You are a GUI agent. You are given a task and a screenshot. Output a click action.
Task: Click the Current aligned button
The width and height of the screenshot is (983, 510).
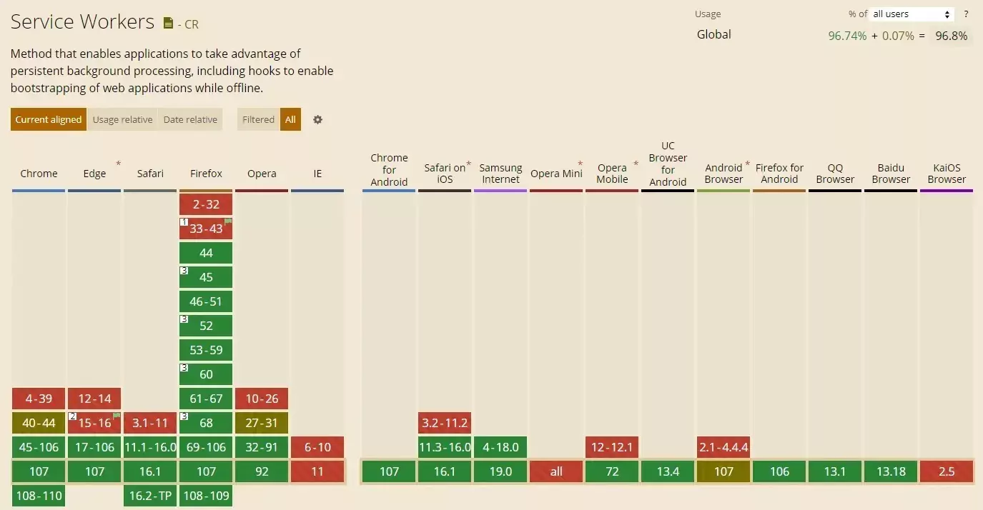click(x=49, y=119)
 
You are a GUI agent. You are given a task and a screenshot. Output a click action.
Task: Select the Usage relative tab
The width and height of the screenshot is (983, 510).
click(x=122, y=119)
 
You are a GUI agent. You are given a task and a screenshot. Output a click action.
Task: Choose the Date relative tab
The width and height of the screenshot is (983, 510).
click(x=190, y=119)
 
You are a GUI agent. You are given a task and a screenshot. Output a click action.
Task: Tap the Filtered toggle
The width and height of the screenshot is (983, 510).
click(x=258, y=119)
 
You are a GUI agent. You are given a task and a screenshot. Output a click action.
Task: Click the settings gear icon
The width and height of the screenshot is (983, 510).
click(x=318, y=119)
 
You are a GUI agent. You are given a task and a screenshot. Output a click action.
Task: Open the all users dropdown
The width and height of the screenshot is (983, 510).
click(x=913, y=14)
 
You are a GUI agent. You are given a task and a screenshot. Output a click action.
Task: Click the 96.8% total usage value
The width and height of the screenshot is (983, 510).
click(x=952, y=36)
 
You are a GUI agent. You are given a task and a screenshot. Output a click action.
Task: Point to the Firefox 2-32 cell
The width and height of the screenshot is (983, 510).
click(x=206, y=204)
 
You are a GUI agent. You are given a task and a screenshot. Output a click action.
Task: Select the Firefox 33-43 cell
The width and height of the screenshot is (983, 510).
click(x=206, y=229)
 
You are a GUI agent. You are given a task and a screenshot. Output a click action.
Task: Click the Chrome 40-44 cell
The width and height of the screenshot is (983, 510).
click(x=39, y=423)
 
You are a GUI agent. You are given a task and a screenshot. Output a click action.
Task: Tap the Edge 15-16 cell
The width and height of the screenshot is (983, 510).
click(x=94, y=423)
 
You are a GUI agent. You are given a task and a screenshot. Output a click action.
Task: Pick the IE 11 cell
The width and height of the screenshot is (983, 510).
click(x=317, y=471)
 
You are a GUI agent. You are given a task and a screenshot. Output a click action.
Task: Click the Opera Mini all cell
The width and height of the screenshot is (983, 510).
click(x=556, y=471)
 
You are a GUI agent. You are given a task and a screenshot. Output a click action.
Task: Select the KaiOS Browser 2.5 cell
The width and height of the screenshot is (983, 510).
click(x=947, y=471)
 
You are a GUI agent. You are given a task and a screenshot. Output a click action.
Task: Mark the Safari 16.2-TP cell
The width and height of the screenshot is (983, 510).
click(x=150, y=496)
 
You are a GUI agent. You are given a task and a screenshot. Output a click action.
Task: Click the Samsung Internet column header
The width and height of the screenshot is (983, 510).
click(x=500, y=174)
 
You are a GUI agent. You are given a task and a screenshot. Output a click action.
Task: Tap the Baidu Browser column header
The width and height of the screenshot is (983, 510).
click(x=891, y=174)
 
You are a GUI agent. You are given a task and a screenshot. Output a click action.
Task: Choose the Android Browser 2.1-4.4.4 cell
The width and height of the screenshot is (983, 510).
click(x=723, y=447)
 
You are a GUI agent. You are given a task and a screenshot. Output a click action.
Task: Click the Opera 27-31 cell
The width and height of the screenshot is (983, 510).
click(x=262, y=423)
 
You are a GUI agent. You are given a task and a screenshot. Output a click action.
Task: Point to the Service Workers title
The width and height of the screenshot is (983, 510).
click(x=82, y=22)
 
